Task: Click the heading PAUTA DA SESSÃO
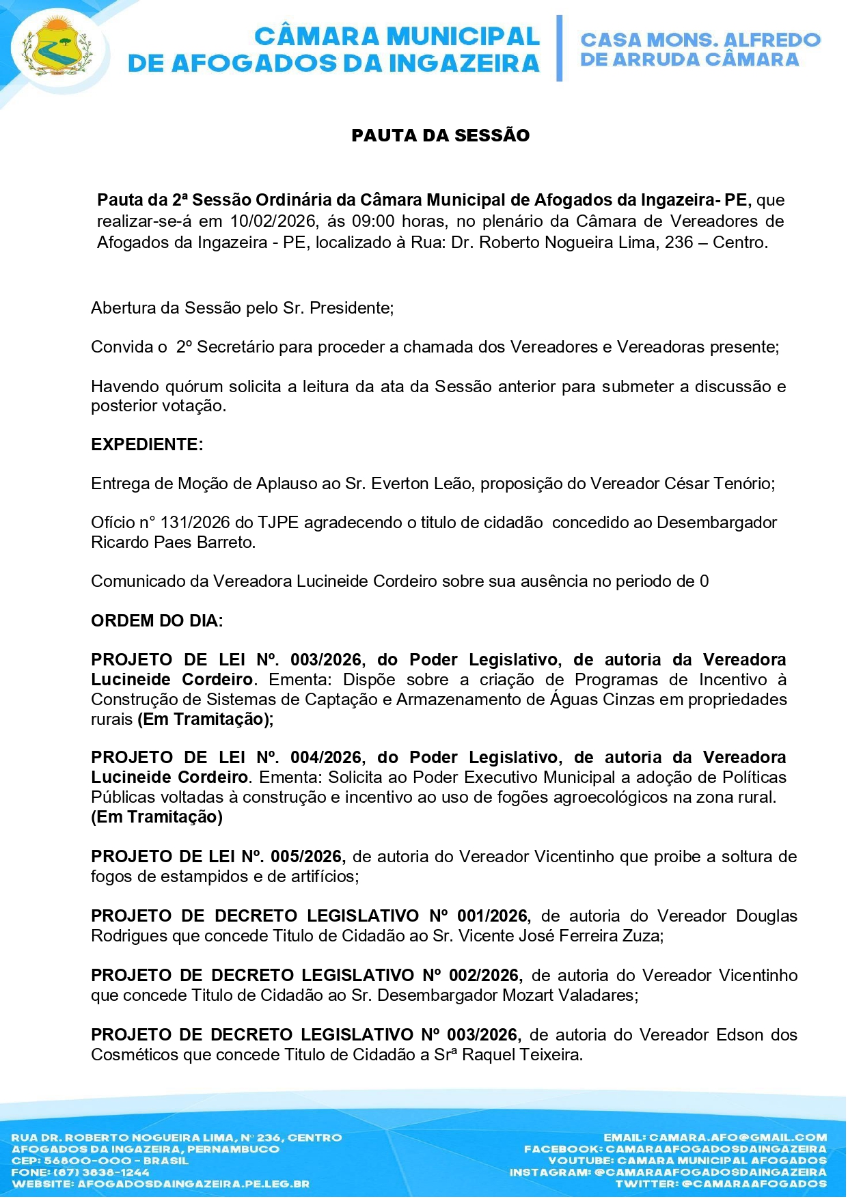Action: [440, 135]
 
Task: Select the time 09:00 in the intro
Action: [373, 221]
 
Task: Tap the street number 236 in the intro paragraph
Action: [679, 243]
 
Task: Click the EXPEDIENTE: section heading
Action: [147, 445]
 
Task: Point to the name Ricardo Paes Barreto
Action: [172, 542]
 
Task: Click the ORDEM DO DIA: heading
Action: [156, 621]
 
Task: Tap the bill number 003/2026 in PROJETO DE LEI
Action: [326, 660]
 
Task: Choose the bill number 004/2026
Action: [326, 758]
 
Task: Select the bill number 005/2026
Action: [306, 857]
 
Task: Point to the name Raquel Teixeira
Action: [521, 1055]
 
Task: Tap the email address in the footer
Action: [737, 1138]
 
